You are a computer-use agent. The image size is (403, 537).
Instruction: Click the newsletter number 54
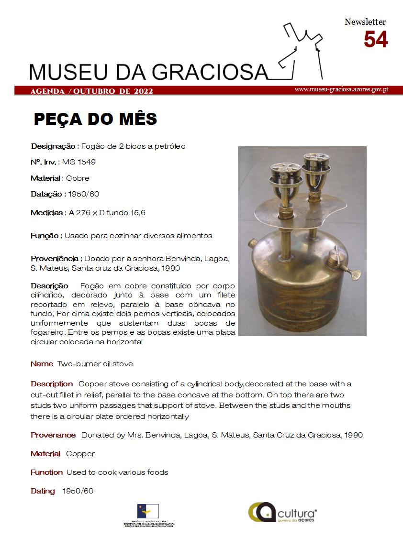click(x=375, y=40)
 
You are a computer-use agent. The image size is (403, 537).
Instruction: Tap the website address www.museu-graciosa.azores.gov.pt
click(x=341, y=89)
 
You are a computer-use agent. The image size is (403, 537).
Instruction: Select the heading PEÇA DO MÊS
click(x=95, y=119)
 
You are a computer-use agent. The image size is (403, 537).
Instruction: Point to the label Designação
click(x=53, y=146)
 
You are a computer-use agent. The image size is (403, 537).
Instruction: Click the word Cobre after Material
click(x=78, y=178)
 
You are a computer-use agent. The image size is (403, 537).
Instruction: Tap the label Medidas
click(x=47, y=212)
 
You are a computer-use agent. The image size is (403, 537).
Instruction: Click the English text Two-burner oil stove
click(x=95, y=364)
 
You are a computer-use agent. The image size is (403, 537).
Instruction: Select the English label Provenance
click(x=53, y=435)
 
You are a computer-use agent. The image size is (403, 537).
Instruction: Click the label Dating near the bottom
click(x=43, y=491)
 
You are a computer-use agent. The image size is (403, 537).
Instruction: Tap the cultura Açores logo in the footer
click(x=282, y=512)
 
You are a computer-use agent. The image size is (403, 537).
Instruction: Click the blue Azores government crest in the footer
click(x=148, y=511)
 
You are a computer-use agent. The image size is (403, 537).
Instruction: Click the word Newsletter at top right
click(x=365, y=22)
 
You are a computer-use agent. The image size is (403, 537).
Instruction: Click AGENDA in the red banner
click(x=47, y=91)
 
